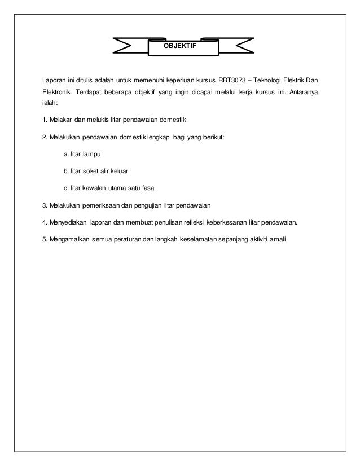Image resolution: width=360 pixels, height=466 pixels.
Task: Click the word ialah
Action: pos(53,104)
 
